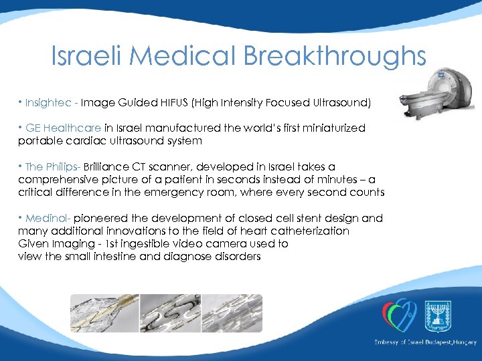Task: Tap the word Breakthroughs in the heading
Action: [x=335, y=56]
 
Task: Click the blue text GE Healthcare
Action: [x=64, y=128]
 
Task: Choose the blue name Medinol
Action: [x=47, y=218]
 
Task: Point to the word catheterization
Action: [x=305, y=231]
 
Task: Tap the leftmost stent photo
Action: [x=104, y=315]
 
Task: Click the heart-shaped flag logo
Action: [x=398, y=315]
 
